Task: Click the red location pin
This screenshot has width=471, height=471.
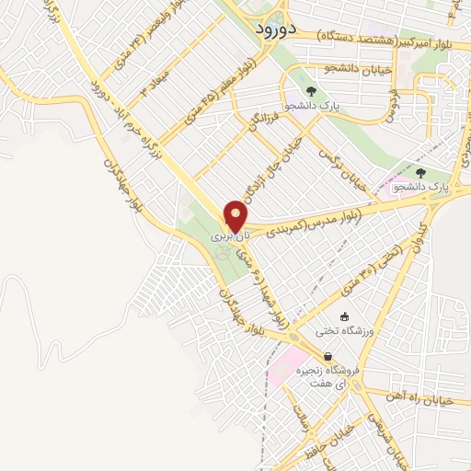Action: pos(236,216)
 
